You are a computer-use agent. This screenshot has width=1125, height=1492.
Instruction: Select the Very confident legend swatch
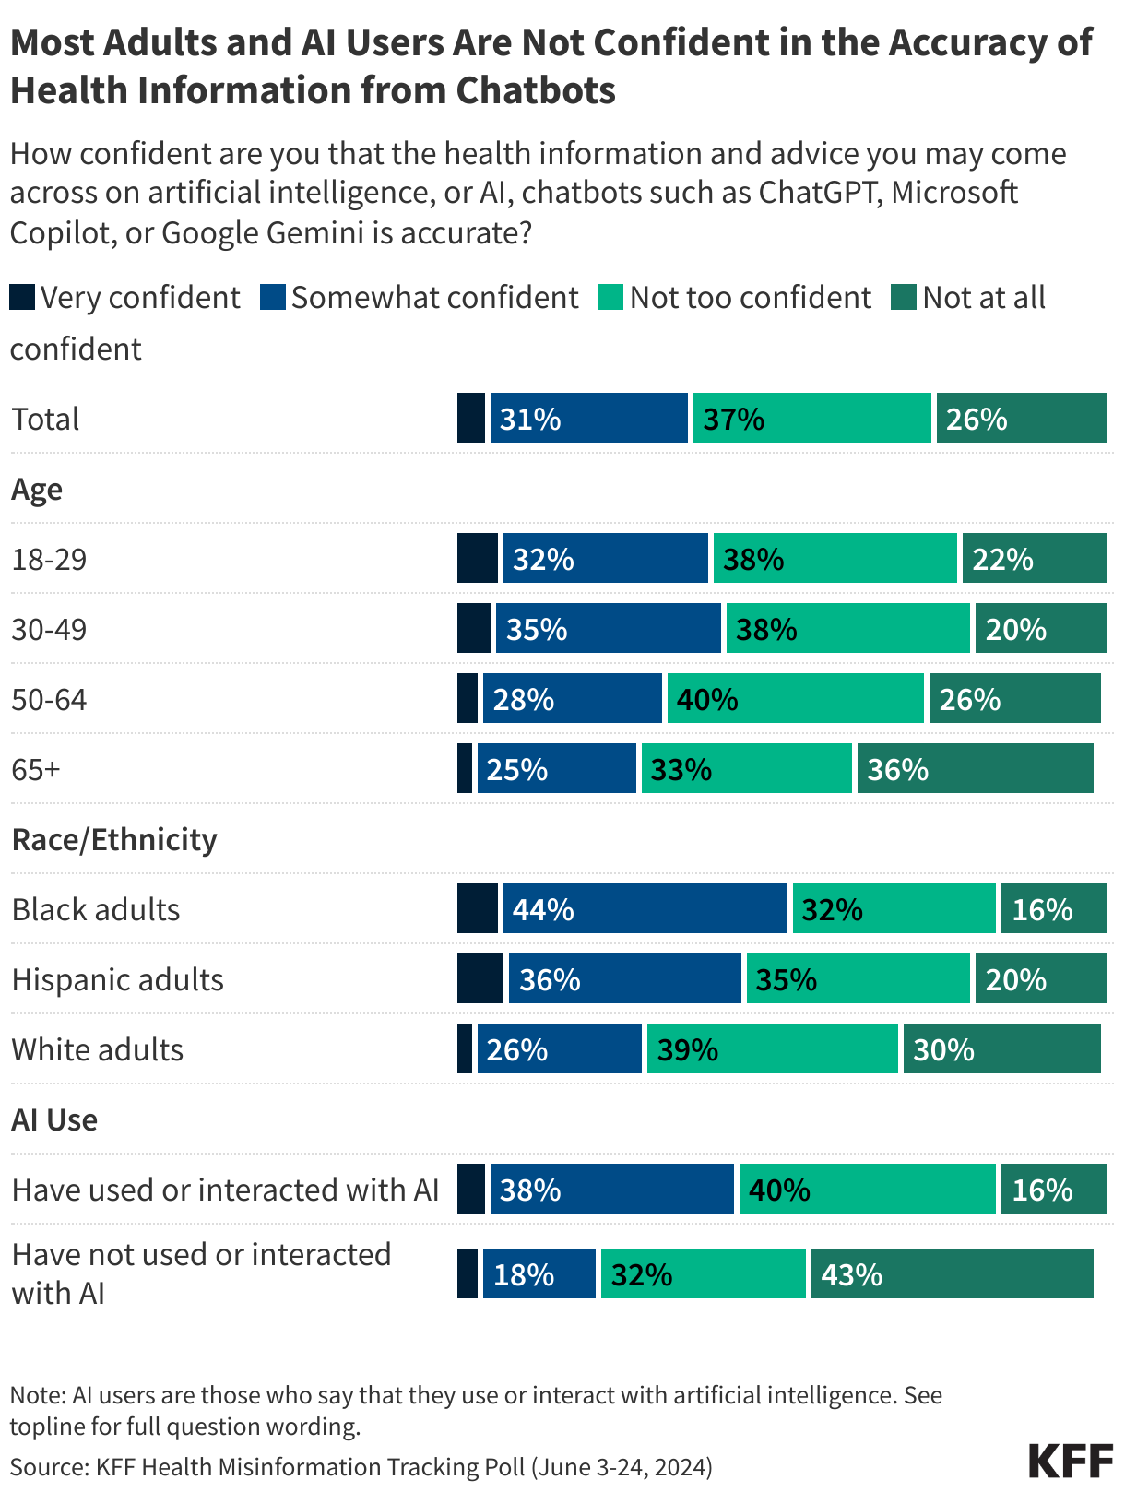(22, 298)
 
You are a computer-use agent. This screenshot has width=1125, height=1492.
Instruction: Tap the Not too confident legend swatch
(610, 298)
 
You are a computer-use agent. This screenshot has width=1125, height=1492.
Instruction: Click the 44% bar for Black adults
(645, 909)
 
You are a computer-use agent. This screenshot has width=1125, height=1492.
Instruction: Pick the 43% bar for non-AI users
(952, 1274)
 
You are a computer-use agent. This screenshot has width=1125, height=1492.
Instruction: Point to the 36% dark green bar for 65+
(975, 769)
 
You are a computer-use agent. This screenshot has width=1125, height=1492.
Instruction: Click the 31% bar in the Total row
(588, 419)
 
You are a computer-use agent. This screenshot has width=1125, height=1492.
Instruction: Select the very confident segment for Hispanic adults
(480, 979)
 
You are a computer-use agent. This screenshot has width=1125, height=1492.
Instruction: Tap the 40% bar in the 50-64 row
(795, 699)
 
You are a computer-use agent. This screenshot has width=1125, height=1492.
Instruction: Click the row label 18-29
(49, 560)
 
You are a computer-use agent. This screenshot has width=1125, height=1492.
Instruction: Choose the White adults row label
(97, 1050)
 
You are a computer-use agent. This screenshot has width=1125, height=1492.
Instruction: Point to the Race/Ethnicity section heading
(113, 840)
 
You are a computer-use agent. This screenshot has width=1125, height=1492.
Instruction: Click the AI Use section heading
(54, 1120)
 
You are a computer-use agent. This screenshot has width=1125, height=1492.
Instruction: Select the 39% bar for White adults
(772, 1049)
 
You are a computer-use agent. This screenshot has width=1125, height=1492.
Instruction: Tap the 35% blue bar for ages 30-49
(608, 629)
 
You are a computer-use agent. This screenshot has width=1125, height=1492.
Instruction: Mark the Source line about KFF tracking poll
(361, 1467)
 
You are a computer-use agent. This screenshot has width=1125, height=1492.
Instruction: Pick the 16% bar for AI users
(1053, 1190)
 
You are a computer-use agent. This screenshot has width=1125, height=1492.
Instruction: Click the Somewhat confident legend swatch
(273, 298)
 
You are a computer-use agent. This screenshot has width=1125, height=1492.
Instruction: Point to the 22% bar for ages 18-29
(1034, 559)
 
